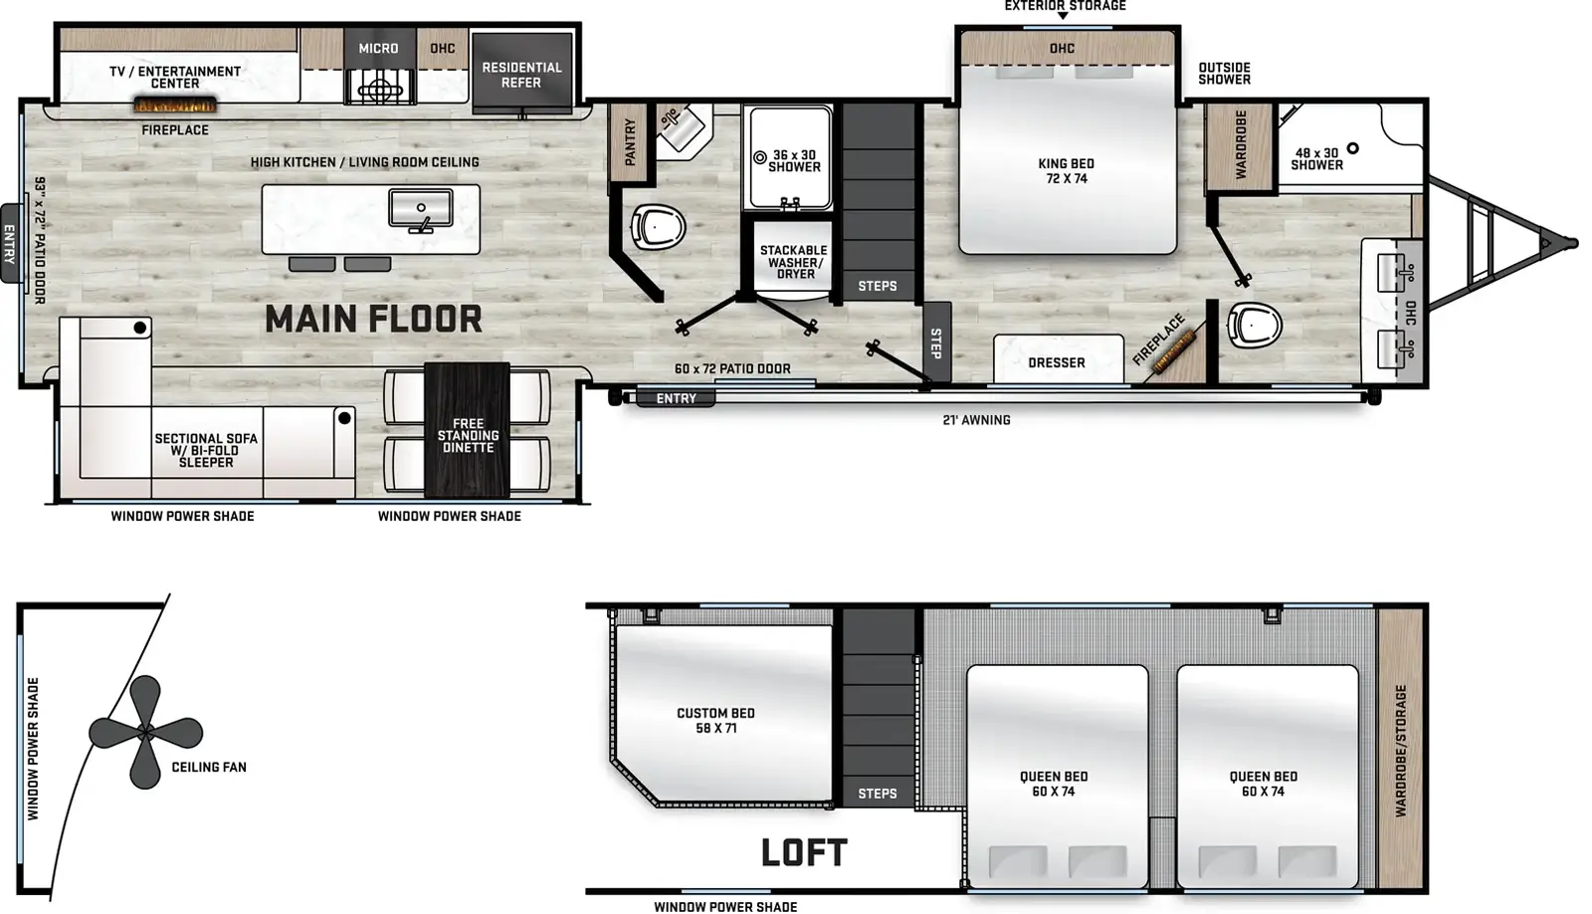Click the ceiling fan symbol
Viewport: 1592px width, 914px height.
coord(145,731)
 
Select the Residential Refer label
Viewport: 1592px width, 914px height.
coord(521,75)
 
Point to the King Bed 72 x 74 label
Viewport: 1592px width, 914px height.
coord(1066,170)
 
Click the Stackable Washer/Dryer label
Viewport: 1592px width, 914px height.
coord(794,262)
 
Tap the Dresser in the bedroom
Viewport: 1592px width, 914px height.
coord(1058,359)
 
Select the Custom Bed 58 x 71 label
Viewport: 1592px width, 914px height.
coord(715,720)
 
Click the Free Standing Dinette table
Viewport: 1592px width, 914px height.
coord(467,429)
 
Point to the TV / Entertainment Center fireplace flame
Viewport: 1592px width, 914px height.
coord(175,106)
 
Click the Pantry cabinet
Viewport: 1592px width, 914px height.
coord(629,141)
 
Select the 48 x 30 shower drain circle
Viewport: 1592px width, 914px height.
coord(1352,148)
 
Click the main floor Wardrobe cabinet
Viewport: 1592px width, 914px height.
coord(1240,146)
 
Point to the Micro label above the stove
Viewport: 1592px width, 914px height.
coord(378,49)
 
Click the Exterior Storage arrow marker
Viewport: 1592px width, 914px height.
coord(1064,16)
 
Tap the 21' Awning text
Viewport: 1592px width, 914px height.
coord(976,420)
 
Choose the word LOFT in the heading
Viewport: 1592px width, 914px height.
coord(805,852)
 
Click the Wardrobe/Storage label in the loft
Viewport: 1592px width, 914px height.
coord(1400,751)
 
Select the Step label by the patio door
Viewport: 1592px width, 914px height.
coord(936,343)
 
